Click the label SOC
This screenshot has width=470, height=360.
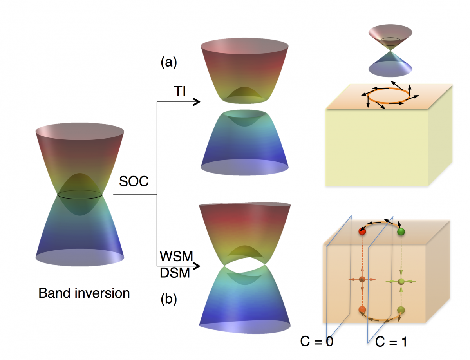click(x=134, y=182)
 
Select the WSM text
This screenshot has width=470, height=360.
click(x=176, y=257)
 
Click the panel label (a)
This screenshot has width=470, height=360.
click(x=169, y=62)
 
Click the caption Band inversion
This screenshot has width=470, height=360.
click(x=84, y=293)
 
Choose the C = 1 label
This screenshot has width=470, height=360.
click(x=391, y=341)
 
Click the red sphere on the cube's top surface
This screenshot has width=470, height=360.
click(x=362, y=232)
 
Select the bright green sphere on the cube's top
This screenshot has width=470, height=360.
click(x=401, y=232)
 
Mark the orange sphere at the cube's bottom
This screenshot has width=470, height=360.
click(x=362, y=310)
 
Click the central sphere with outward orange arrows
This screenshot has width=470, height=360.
click(x=362, y=280)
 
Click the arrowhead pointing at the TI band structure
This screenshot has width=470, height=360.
click(x=197, y=102)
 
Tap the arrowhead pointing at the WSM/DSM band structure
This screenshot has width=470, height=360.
click(x=197, y=266)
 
